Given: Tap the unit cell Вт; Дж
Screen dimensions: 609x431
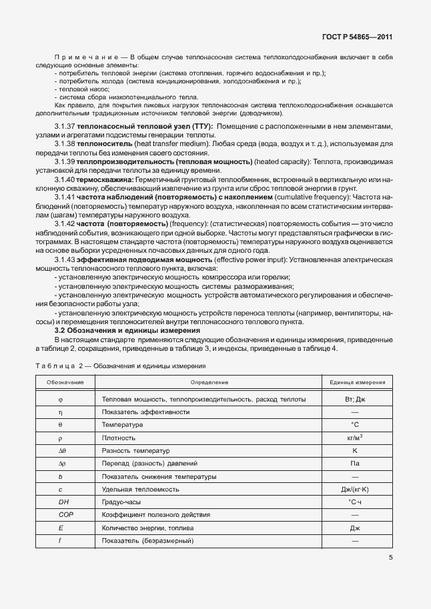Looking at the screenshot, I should pos(355,399).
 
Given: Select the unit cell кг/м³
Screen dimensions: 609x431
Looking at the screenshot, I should pos(355,438).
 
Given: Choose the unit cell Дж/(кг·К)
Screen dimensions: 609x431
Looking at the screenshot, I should pos(355,490).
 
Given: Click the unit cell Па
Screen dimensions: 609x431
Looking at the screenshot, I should pos(355,464).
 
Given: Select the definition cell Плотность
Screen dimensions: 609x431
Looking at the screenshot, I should pos(119,438).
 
